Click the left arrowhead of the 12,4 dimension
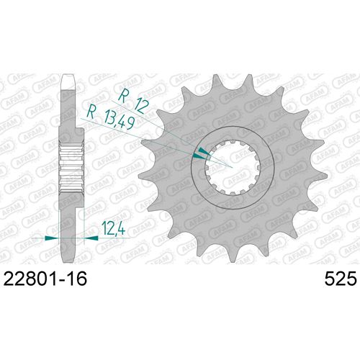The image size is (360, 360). click(49, 236)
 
